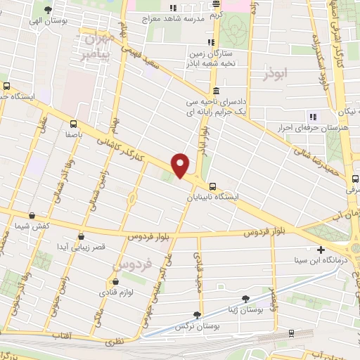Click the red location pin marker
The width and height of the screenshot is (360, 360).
(x=181, y=165)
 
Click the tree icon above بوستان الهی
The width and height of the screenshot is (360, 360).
(x=48, y=10)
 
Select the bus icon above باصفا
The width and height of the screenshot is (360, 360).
(x=69, y=122)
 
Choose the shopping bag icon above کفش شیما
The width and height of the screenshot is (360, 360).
(x=28, y=217)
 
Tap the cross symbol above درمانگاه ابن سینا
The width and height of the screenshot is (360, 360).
(x=321, y=250)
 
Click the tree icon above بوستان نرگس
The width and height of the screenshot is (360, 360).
(x=198, y=315)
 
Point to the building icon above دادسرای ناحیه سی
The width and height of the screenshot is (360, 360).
(x=215, y=91)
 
